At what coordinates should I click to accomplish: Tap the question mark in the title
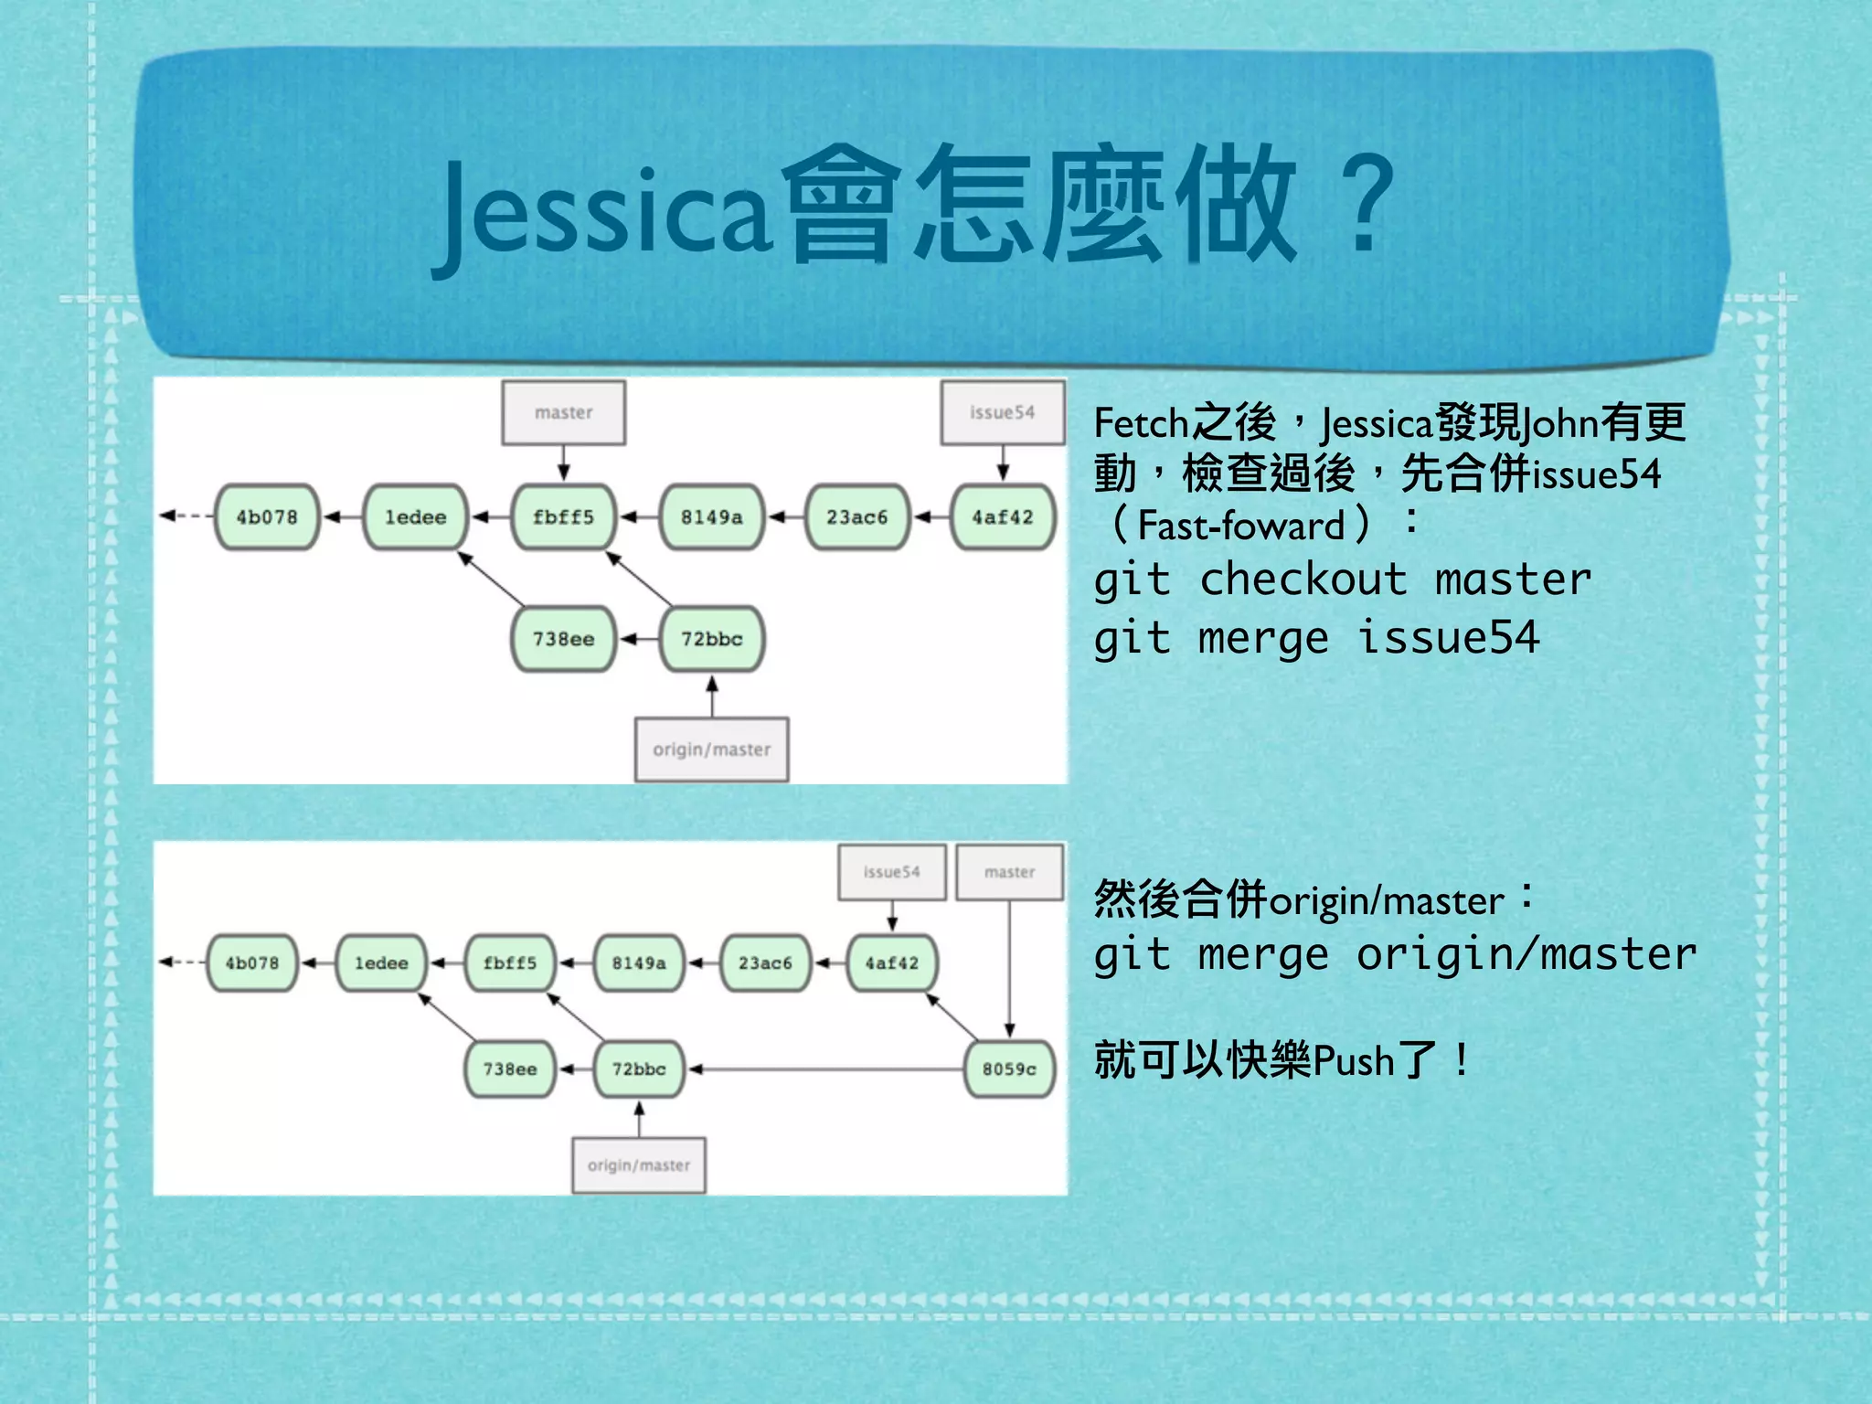1364,207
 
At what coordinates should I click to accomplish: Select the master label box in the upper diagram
563,413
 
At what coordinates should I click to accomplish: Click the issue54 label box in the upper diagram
1003,413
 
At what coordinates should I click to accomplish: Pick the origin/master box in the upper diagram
711,750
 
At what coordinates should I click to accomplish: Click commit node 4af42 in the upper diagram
1003,517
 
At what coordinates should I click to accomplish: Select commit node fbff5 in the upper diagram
563,517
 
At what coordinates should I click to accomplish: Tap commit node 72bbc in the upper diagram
711,639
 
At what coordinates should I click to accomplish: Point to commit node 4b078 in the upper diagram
267,517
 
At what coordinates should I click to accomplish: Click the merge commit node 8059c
1009,1069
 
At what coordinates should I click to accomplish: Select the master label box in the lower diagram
1009,872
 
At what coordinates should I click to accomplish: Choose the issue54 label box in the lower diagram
892,872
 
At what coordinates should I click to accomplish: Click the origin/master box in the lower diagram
639,1165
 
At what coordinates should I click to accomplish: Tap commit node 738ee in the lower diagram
510,1069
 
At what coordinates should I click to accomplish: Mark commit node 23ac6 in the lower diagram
765,963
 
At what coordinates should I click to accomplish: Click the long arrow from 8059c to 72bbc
823,1069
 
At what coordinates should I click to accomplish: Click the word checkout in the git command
1303,580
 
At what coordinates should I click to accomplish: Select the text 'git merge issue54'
1316,638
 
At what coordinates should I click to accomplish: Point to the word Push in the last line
1354,1061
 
